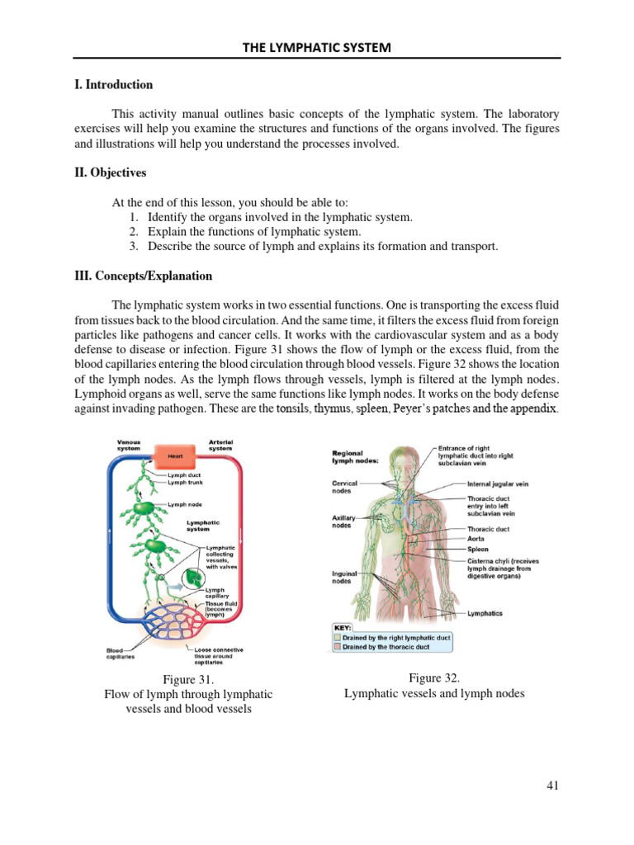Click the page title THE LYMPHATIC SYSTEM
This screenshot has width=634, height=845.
pyautogui.click(x=316, y=48)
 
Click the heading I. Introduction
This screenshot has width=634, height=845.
pyautogui.click(x=114, y=84)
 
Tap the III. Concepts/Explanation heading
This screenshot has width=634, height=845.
pyautogui.click(x=144, y=276)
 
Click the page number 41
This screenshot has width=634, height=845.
pyautogui.click(x=553, y=786)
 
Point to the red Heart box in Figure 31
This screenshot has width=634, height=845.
pyautogui.click(x=174, y=456)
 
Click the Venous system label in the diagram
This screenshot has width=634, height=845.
pyautogui.click(x=128, y=446)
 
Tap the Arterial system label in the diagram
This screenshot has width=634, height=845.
pyautogui.click(x=220, y=446)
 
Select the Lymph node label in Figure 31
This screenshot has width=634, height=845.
pyautogui.click(x=185, y=504)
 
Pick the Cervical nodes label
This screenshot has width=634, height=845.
pyautogui.click(x=345, y=487)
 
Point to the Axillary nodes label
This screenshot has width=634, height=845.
pyautogui.click(x=343, y=522)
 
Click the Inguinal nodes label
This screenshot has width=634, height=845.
pyautogui.click(x=344, y=577)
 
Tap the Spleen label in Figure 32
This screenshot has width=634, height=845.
pyautogui.click(x=478, y=549)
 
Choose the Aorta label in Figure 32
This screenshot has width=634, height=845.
pyautogui.click(x=477, y=539)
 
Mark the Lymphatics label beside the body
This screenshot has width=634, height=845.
pyautogui.click(x=485, y=613)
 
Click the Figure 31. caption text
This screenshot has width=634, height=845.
pyautogui.click(x=188, y=679)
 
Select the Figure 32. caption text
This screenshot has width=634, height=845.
pyautogui.click(x=434, y=677)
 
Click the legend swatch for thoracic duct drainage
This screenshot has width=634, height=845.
pyautogui.click(x=337, y=647)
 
